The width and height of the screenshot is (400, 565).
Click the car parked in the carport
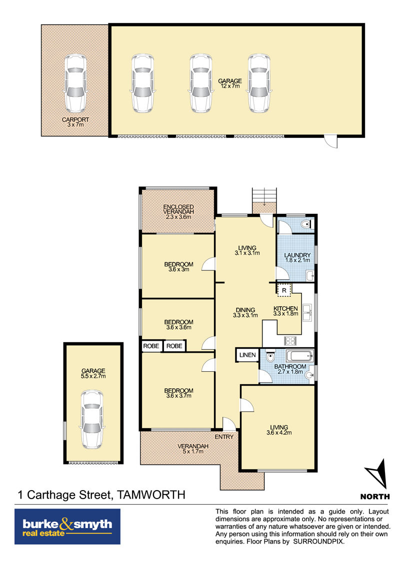[x=75, y=83]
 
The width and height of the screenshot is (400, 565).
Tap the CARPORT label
[x=75, y=119]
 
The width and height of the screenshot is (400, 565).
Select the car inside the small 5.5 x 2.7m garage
[x=92, y=420]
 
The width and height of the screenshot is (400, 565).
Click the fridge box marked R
[x=284, y=290]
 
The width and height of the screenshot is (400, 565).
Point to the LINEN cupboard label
[x=247, y=355]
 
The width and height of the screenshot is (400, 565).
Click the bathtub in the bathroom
[x=299, y=356]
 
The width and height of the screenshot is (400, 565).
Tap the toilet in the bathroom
[x=270, y=357]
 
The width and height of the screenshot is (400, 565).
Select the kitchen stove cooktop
[x=290, y=341]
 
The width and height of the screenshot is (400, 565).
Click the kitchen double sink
[x=307, y=312]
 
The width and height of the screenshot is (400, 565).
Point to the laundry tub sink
[x=310, y=276]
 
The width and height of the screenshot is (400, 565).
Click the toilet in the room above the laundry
[x=306, y=225]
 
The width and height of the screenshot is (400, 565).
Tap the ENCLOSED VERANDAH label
[x=178, y=209]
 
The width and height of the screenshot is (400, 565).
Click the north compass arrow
[x=377, y=473]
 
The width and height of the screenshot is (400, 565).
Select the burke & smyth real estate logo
[x=67, y=527]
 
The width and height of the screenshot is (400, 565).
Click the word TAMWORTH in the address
[x=151, y=495]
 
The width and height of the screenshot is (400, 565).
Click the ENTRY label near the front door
[x=224, y=437]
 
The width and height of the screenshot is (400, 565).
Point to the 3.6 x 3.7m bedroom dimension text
[x=178, y=396]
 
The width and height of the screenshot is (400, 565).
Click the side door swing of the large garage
[x=331, y=141]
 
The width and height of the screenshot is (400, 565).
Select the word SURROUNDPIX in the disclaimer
[x=318, y=542]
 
